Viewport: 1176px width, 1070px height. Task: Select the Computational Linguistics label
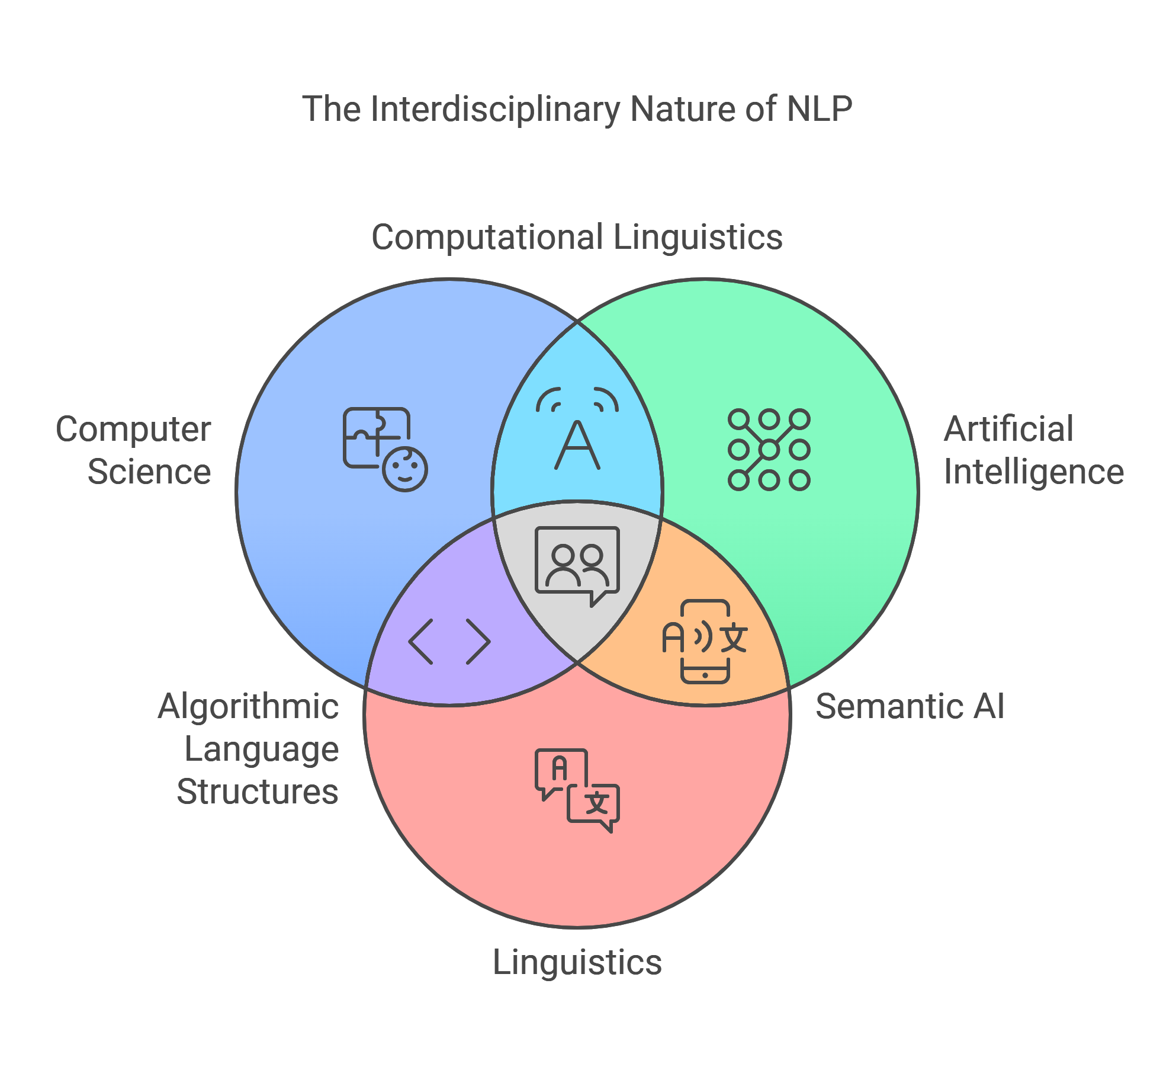tap(577, 238)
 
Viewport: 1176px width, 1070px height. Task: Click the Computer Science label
tap(134, 450)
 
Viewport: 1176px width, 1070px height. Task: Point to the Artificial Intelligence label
tap(1033, 450)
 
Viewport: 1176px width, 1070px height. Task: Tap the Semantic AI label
tap(910, 707)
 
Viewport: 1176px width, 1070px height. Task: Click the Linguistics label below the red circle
tap(577, 962)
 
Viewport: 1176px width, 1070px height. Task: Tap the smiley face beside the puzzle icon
tap(405, 469)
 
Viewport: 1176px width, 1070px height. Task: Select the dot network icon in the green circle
tap(769, 450)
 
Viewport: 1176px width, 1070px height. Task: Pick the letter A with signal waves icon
tap(577, 428)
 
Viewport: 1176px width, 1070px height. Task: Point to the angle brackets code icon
tap(449, 642)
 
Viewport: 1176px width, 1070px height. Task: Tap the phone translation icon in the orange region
tap(705, 642)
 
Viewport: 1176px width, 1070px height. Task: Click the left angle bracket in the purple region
tap(421, 642)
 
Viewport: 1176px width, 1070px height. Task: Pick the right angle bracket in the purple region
tap(478, 642)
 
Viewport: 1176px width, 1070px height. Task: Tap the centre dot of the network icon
tap(769, 450)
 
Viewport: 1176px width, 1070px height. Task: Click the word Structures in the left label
tap(258, 792)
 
